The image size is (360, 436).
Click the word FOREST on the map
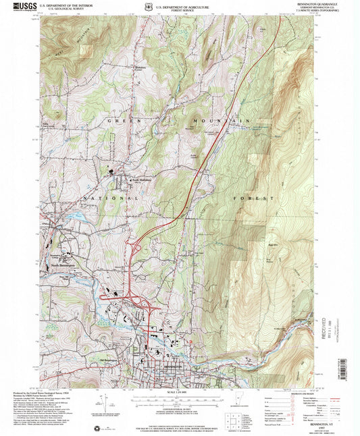click(x=253, y=198)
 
